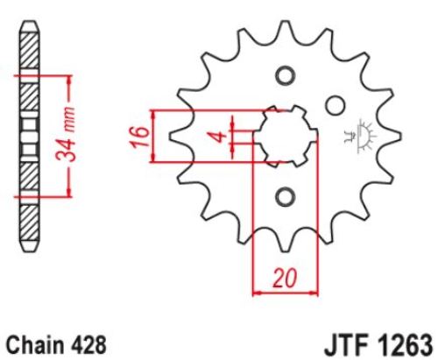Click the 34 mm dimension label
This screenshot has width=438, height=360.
(66, 135)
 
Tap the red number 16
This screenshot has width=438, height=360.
(141, 137)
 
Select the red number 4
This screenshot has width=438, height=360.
(221, 137)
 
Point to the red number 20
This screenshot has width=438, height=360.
(285, 278)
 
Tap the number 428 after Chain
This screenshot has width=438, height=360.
(88, 345)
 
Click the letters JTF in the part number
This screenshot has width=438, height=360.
(346, 345)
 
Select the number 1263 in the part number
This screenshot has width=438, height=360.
(405, 345)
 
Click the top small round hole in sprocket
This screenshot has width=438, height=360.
(285, 75)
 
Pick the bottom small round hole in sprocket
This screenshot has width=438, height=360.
(285, 197)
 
